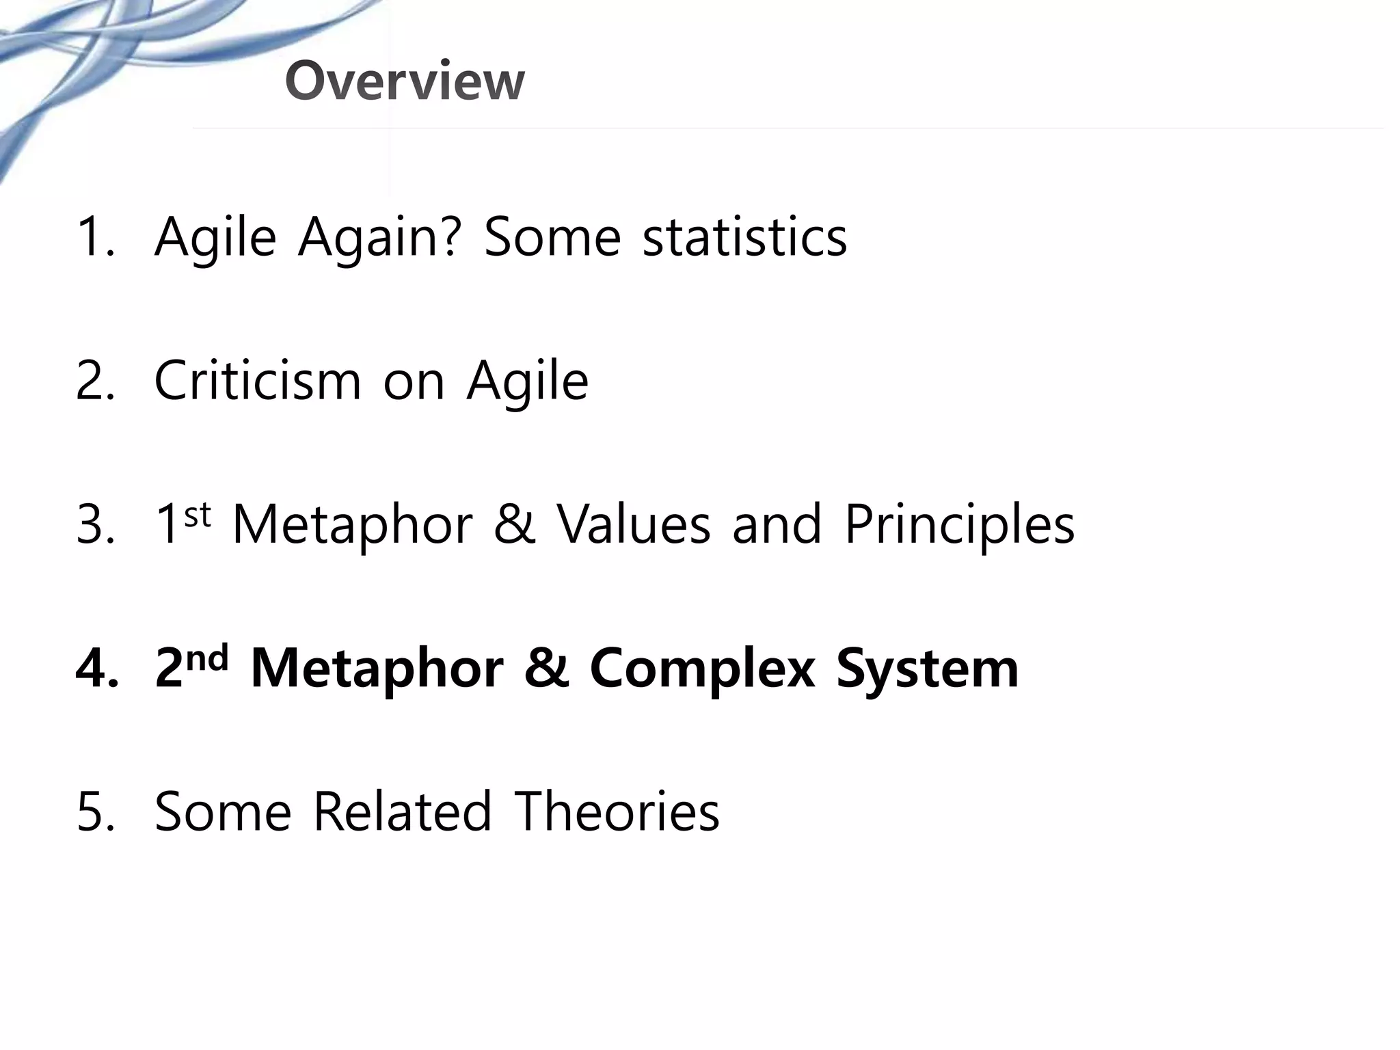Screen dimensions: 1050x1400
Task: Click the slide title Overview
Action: pyautogui.click(x=405, y=81)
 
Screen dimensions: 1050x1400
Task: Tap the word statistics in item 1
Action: pyautogui.click(x=745, y=237)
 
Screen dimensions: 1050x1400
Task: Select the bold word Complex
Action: pyautogui.click(x=702, y=669)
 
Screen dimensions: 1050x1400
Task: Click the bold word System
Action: pyautogui.click(x=928, y=669)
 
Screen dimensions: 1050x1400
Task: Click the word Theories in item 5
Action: pyautogui.click(x=617, y=811)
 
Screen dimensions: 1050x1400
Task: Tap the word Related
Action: pyautogui.click(x=403, y=811)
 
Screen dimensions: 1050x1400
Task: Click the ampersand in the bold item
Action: pyautogui.click(x=546, y=669)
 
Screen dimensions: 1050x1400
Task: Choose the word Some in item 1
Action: pyautogui.click(x=552, y=237)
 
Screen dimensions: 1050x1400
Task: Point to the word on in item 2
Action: pyautogui.click(x=414, y=381)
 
